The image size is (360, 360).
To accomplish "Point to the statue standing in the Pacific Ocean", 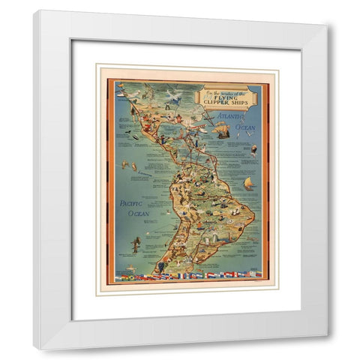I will pyautogui.click(x=136, y=244).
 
